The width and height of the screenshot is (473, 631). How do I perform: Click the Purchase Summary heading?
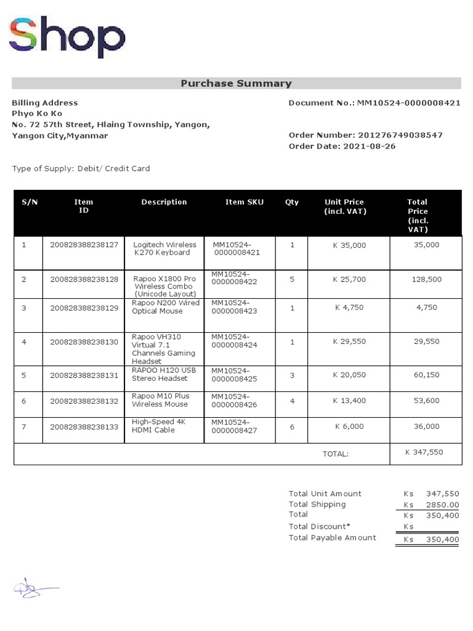(236, 83)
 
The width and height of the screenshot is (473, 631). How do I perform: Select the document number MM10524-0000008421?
(409, 103)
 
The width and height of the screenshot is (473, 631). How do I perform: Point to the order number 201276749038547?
(400, 135)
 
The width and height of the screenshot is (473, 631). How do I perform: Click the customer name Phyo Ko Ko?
(37, 113)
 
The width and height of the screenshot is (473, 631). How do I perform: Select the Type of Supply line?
(81, 168)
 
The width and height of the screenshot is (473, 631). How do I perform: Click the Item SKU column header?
(244, 202)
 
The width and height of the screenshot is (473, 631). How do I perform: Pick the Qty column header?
(291, 202)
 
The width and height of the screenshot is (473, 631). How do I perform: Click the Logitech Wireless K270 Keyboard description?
(164, 248)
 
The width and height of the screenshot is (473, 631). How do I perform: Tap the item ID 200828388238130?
(84, 341)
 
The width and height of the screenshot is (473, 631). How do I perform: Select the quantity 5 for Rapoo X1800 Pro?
(292, 279)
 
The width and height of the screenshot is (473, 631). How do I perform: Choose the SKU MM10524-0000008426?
(234, 401)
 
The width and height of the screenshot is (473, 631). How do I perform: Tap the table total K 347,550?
(424, 452)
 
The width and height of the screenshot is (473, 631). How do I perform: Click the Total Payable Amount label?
(332, 537)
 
